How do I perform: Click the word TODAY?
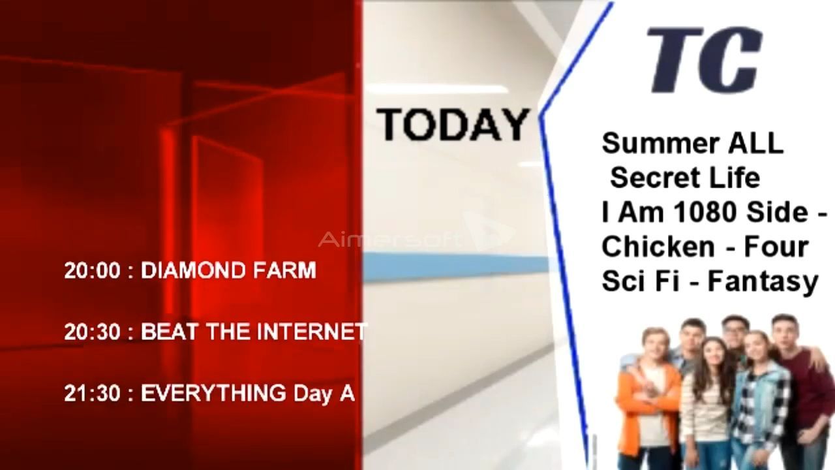(x=453, y=124)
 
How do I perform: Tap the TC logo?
(x=704, y=59)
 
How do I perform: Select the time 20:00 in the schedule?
(x=93, y=270)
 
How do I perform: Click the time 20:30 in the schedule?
(x=93, y=332)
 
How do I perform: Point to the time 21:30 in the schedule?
(x=93, y=393)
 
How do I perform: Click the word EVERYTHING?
(x=213, y=393)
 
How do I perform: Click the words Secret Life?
(x=685, y=178)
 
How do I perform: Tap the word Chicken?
(x=659, y=247)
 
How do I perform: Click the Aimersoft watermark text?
(x=389, y=239)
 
